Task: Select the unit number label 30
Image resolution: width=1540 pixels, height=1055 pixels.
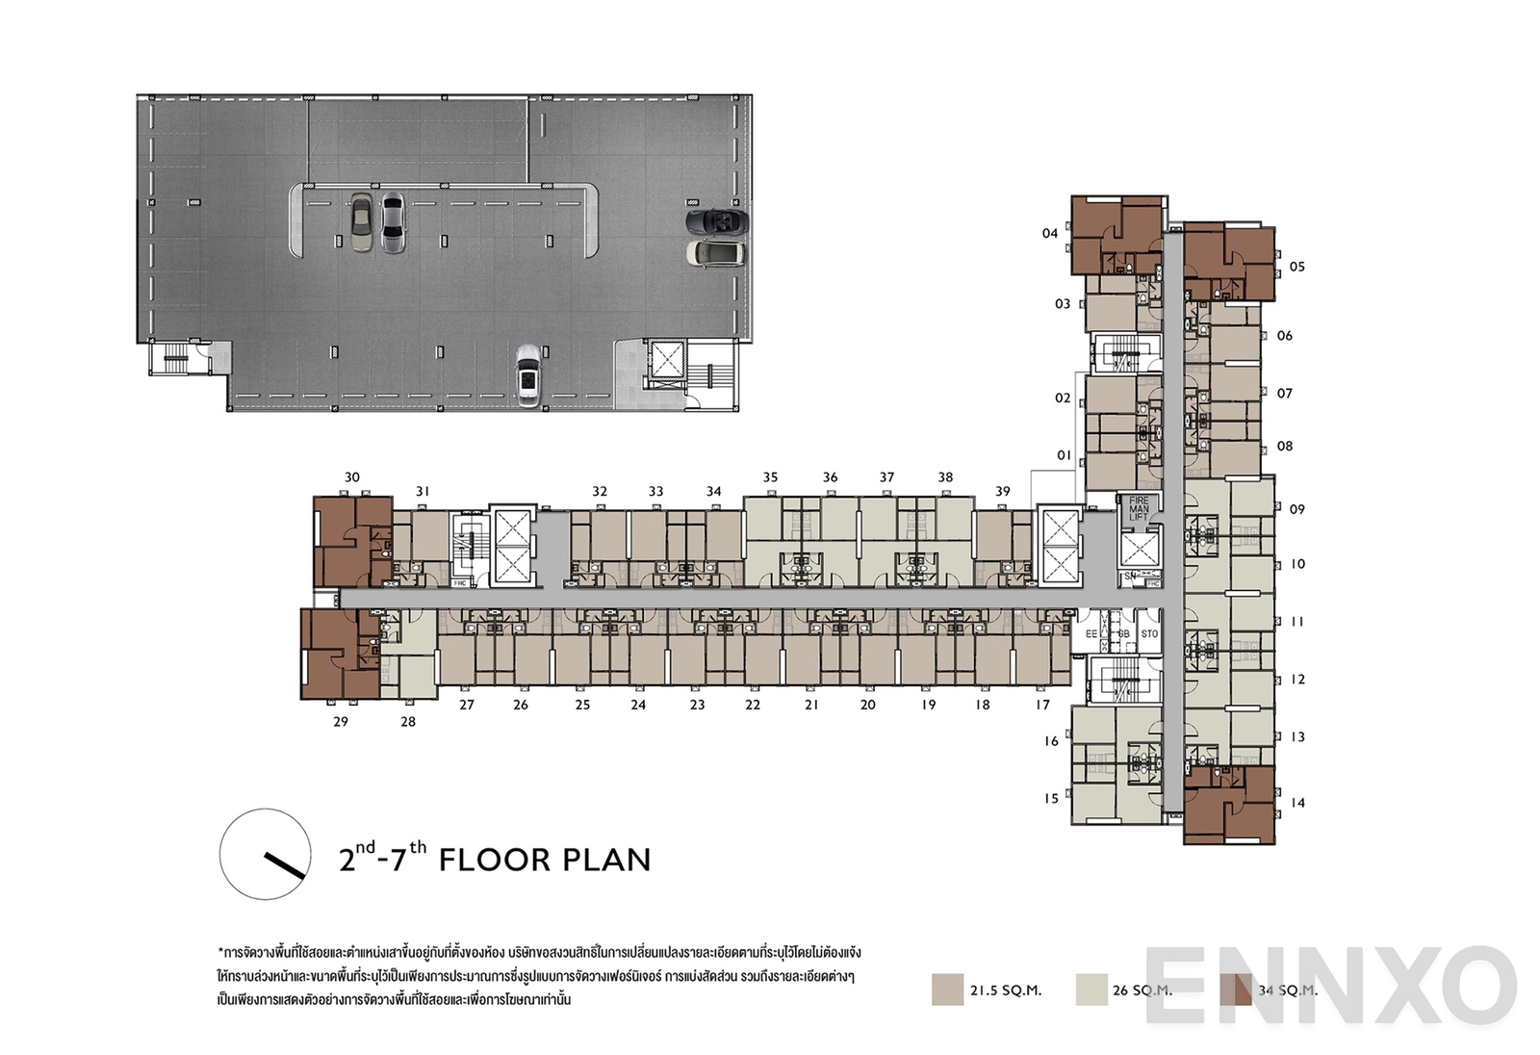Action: pyautogui.click(x=352, y=477)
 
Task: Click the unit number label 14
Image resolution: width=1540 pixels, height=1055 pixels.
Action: pyautogui.click(x=1297, y=802)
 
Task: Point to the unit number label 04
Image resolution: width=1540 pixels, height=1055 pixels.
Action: pyautogui.click(x=1050, y=233)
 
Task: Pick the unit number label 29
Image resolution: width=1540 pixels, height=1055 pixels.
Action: pyautogui.click(x=340, y=721)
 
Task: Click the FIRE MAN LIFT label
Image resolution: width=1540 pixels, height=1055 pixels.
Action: pyautogui.click(x=1139, y=508)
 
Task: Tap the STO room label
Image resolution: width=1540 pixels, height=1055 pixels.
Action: pyautogui.click(x=1149, y=634)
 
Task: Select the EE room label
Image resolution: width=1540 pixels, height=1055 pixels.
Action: pyautogui.click(x=1091, y=634)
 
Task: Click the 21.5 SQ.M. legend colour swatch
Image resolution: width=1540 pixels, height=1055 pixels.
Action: pyautogui.click(x=947, y=990)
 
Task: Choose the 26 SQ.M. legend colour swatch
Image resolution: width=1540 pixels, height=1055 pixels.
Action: pyautogui.click(x=1092, y=990)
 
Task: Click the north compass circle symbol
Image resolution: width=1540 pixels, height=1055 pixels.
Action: pyautogui.click(x=265, y=853)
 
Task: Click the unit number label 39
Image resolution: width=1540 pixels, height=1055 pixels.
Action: pyautogui.click(x=1003, y=491)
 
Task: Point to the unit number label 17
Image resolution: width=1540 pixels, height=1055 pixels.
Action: pyautogui.click(x=1043, y=705)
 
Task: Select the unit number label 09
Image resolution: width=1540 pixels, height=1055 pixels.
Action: pyautogui.click(x=1297, y=509)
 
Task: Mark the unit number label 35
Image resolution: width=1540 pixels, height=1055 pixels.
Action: pyautogui.click(x=770, y=476)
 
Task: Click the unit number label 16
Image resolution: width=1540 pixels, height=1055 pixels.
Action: pyautogui.click(x=1051, y=740)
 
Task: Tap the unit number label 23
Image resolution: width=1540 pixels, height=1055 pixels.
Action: pyautogui.click(x=697, y=705)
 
